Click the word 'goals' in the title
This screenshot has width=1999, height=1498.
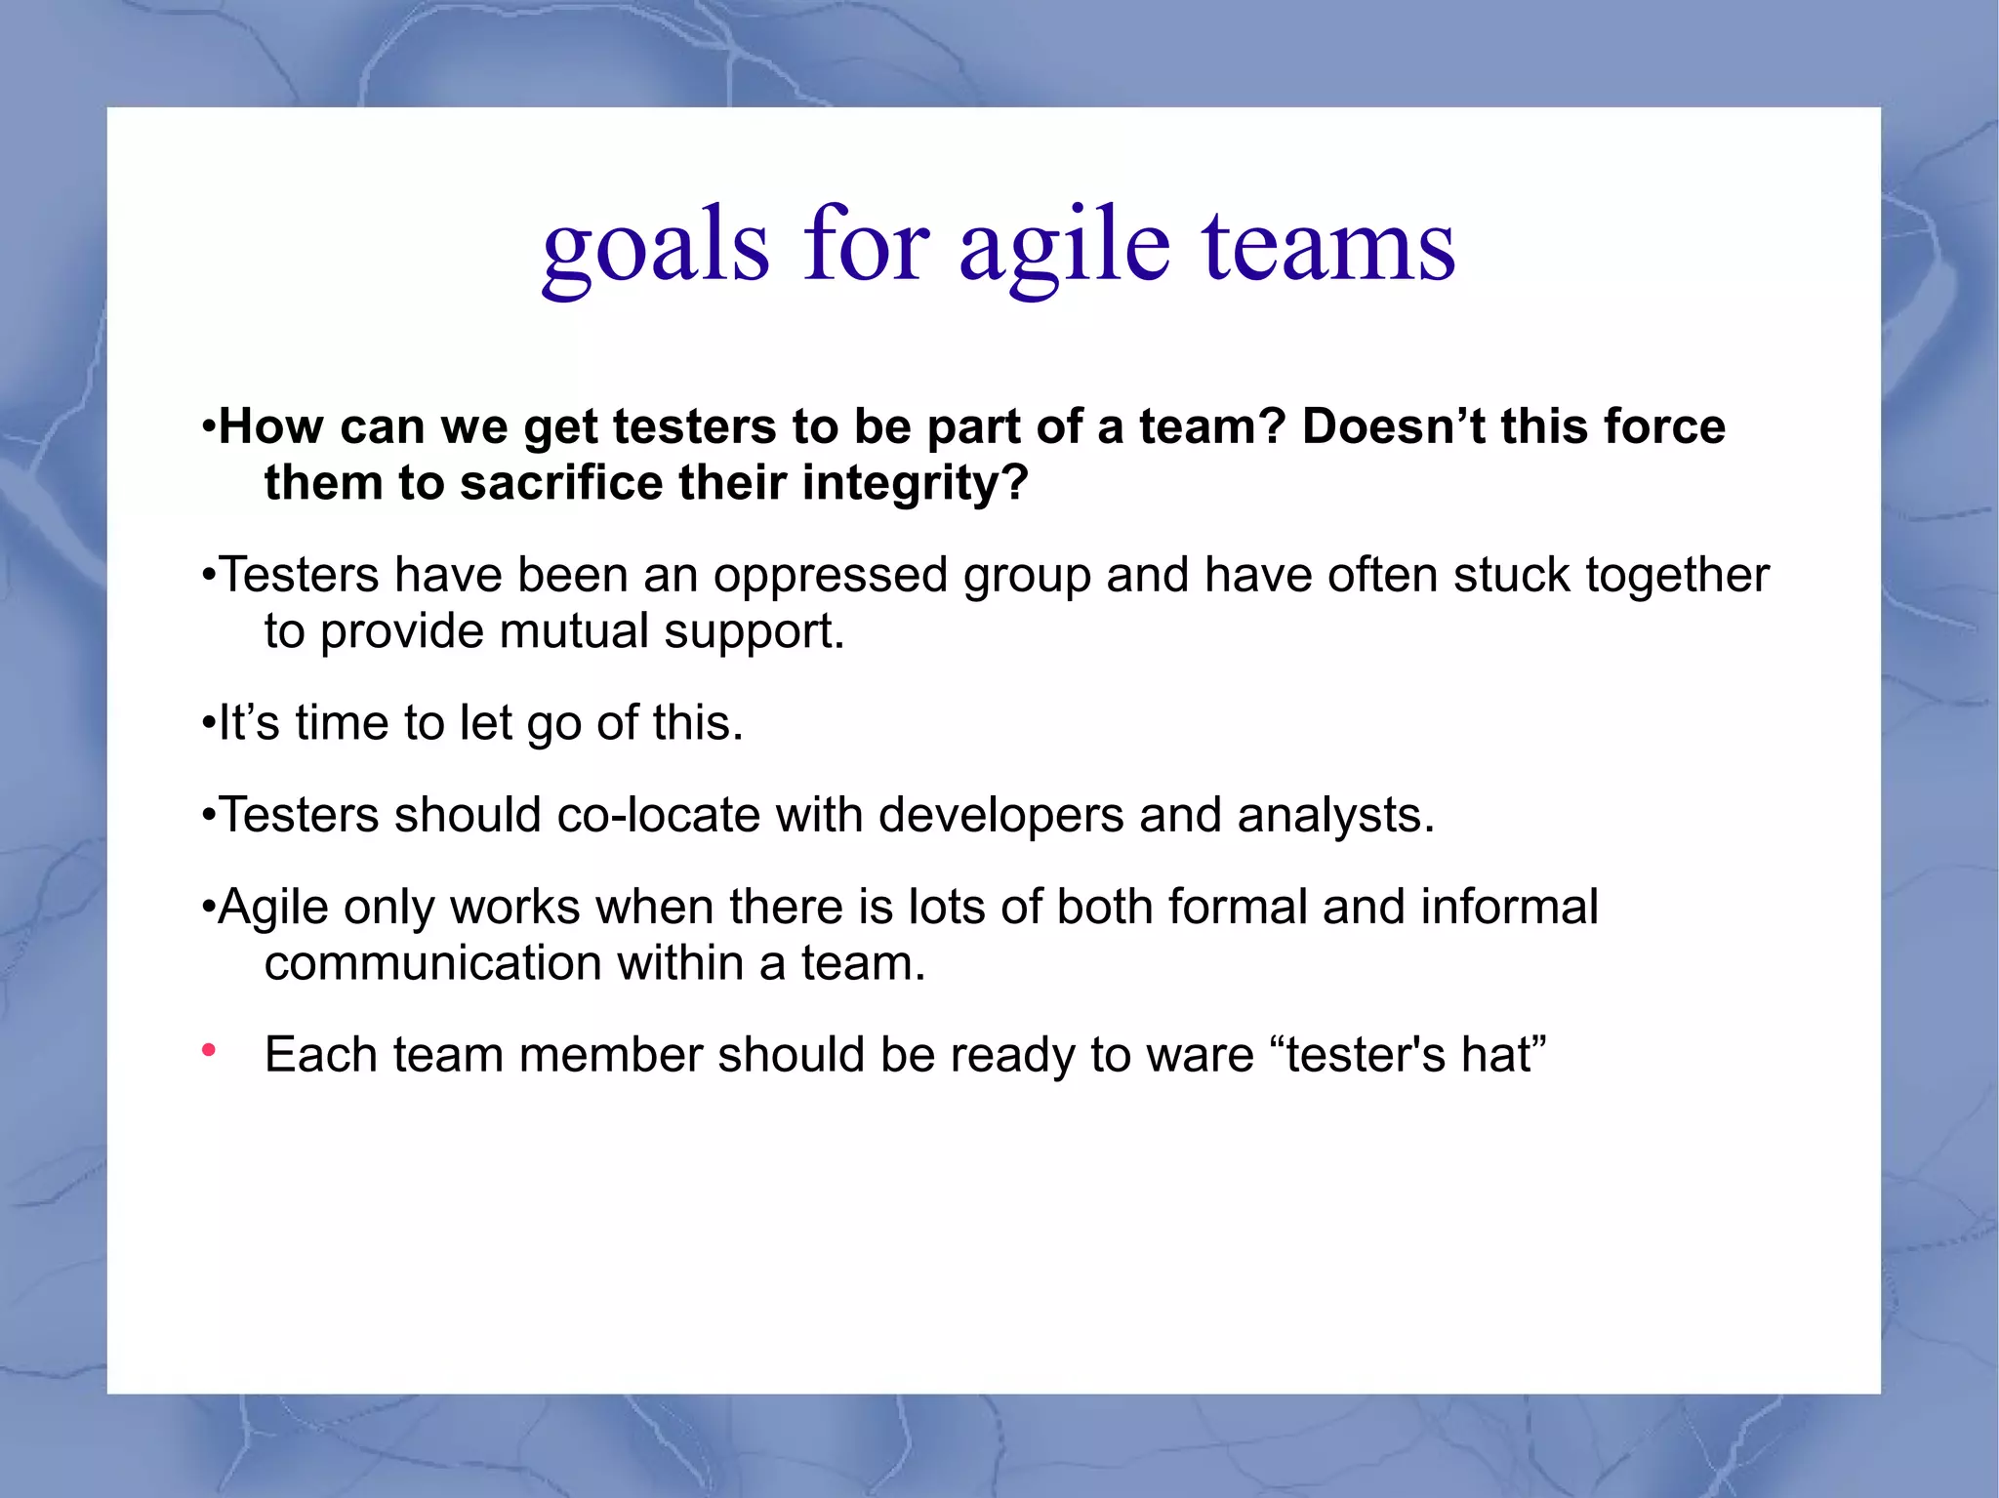point(655,246)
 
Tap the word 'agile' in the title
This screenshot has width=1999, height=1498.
point(1063,246)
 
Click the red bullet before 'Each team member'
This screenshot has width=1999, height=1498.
point(208,1051)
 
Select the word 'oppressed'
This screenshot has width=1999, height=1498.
point(830,575)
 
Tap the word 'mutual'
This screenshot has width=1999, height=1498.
point(574,631)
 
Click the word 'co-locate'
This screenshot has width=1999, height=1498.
point(658,815)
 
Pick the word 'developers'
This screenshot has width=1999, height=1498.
point(1000,815)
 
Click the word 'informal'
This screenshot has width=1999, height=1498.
point(1509,907)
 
